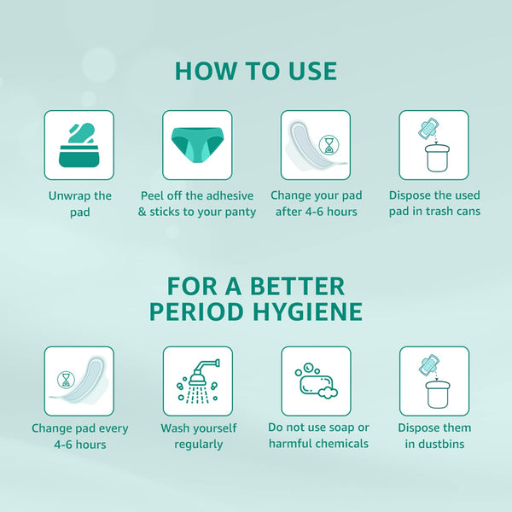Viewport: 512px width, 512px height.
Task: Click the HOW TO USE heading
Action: click(256, 71)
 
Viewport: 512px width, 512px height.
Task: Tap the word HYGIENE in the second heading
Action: click(307, 311)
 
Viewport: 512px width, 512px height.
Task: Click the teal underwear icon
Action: click(197, 145)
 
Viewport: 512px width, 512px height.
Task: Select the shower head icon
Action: click(198, 381)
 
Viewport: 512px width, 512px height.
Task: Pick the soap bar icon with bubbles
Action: click(316, 381)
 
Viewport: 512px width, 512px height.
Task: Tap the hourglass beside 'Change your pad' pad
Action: click(329, 145)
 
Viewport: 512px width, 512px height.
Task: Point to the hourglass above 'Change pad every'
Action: click(66, 380)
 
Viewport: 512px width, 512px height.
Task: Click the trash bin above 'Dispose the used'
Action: click(437, 159)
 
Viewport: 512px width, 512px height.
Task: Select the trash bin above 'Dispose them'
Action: click(438, 394)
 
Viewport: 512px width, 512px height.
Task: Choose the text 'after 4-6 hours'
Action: click(316, 212)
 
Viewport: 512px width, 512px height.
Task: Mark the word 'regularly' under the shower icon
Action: click(199, 445)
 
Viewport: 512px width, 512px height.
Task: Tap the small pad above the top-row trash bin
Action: click(428, 128)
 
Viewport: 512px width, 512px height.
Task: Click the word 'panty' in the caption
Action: click(241, 212)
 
